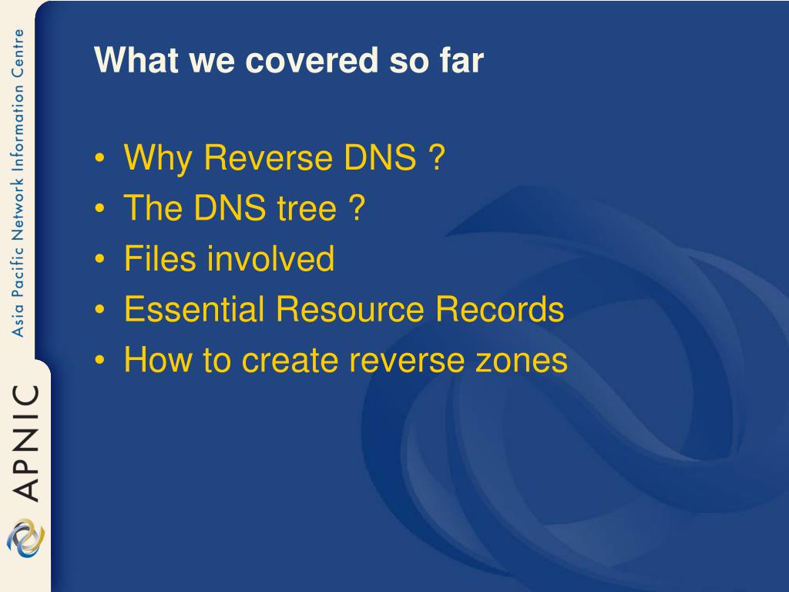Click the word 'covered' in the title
tap(311, 60)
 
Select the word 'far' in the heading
tap(462, 60)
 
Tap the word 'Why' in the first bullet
tap(157, 158)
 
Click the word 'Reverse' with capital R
tap(267, 157)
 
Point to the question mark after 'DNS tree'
tap(356, 207)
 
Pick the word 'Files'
tap(159, 258)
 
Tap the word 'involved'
tap(271, 258)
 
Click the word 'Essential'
tap(194, 308)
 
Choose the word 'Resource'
tap(350, 308)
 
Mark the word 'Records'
tap(499, 308)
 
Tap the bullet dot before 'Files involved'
tap(99, 259)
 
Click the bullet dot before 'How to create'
tap(99, 360)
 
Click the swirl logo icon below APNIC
tap(25, 537)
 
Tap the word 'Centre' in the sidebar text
tap(18, 53)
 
